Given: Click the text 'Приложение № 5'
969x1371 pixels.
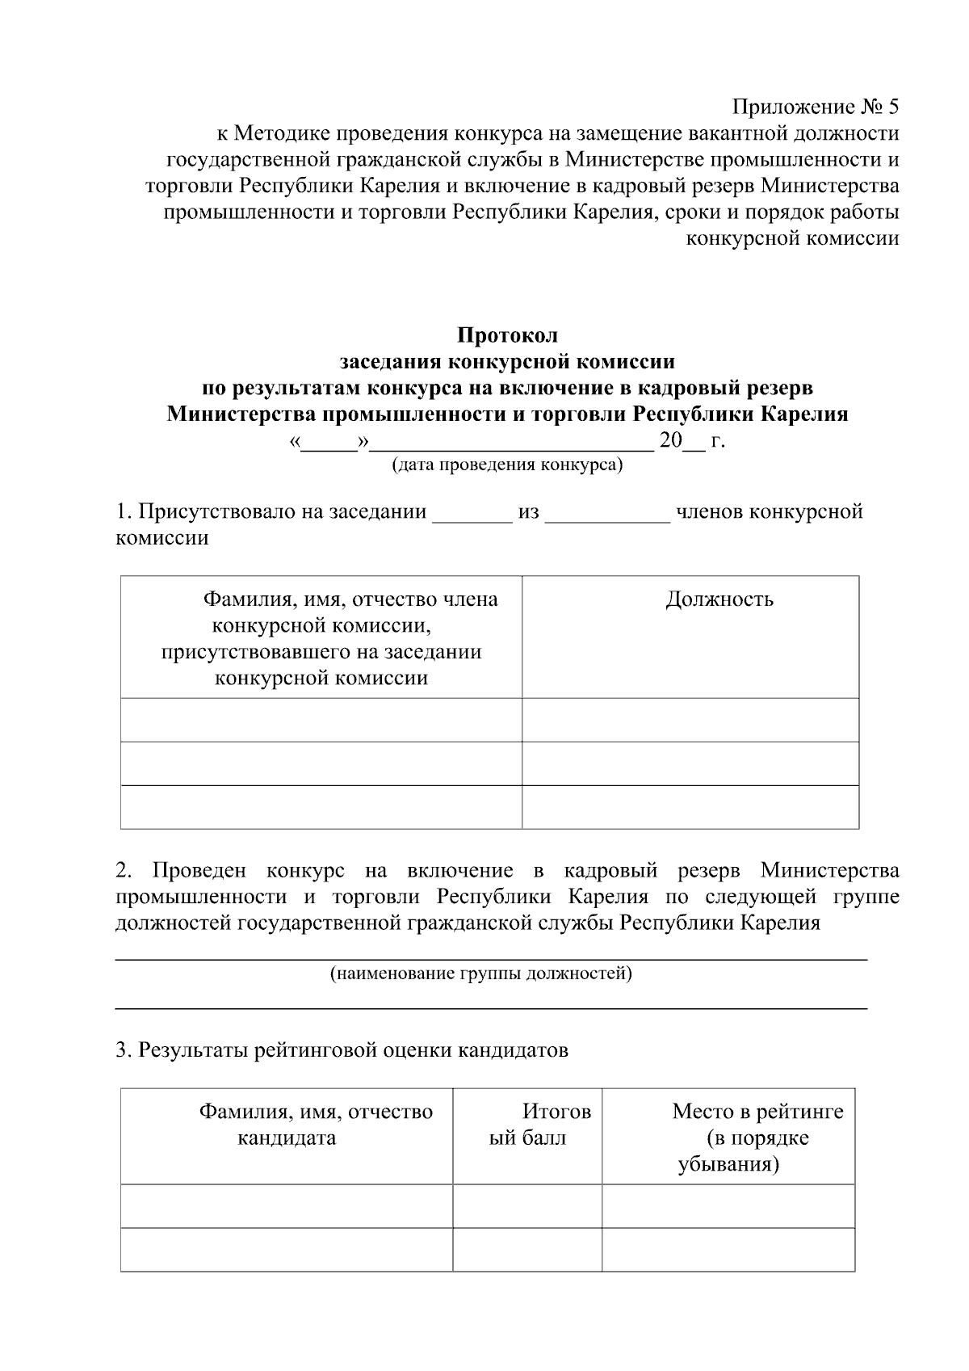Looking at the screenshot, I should point(815,107).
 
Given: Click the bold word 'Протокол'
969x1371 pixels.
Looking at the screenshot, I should point(507,334).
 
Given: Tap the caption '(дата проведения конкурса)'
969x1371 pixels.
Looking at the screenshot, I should point(507,465).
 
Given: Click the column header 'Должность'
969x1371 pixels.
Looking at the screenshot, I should point(719,599).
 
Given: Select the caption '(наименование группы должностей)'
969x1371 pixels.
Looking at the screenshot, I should point(480,974).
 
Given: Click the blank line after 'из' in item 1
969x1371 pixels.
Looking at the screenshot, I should point(607,513).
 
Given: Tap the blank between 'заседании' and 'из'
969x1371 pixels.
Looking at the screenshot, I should point(472,513).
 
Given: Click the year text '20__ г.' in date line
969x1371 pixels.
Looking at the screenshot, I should point(692,441).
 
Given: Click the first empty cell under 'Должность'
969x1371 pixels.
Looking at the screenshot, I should point(690,720).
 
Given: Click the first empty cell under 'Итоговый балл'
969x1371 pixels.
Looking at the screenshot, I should point(527,1206).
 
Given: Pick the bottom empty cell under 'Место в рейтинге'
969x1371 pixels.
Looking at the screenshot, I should point(728,1249).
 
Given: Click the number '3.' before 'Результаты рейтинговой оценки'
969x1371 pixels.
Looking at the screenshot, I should point(124,1050).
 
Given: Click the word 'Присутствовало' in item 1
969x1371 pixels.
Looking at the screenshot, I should point(217,512).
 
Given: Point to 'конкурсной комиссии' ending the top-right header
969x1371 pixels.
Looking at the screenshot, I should point(791,238).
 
